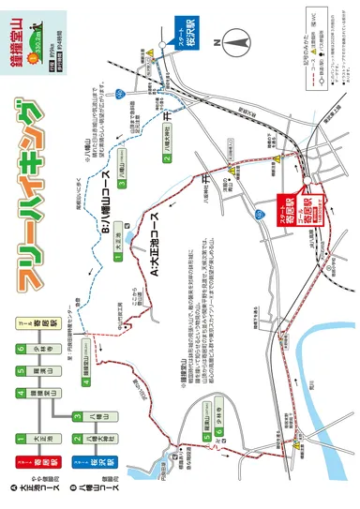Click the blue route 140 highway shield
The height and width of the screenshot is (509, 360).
tap(121, 93)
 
